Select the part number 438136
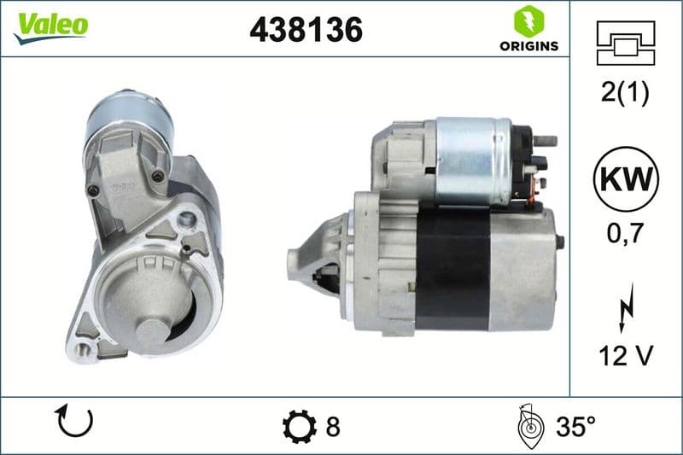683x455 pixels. pos(306,30)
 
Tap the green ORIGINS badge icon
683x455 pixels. pos(525,20)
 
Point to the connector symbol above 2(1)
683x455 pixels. pos(625,43)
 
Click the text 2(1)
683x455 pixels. pos(625,93)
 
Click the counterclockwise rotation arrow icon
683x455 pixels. pos(73,422)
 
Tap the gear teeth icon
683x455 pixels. pos(298,425)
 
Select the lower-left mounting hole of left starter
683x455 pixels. pos(83,347)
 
